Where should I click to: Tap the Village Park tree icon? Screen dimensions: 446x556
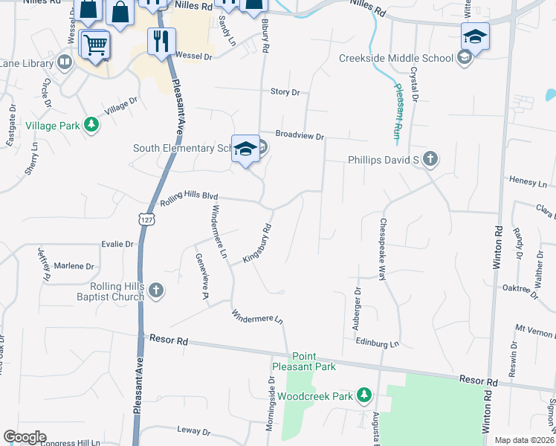[x=91, y=125]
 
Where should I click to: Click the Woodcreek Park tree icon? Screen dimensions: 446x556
[x=363, y=395]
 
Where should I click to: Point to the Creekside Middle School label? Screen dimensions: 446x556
[x=395, y=58]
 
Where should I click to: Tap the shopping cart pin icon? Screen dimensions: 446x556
[x=94, y=46]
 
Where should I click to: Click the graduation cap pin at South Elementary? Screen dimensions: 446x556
[x=245, y=149]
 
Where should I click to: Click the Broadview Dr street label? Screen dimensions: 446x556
[x=300, y=136]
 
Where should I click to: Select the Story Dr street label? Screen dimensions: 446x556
[x=285, y=92]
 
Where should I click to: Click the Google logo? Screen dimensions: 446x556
[x=25, y=437]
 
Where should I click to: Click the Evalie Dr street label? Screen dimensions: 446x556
[x=118, y=243]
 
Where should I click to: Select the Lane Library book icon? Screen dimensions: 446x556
[x=65, y=62]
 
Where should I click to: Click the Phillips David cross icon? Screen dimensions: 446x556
[x=430, y=158]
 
